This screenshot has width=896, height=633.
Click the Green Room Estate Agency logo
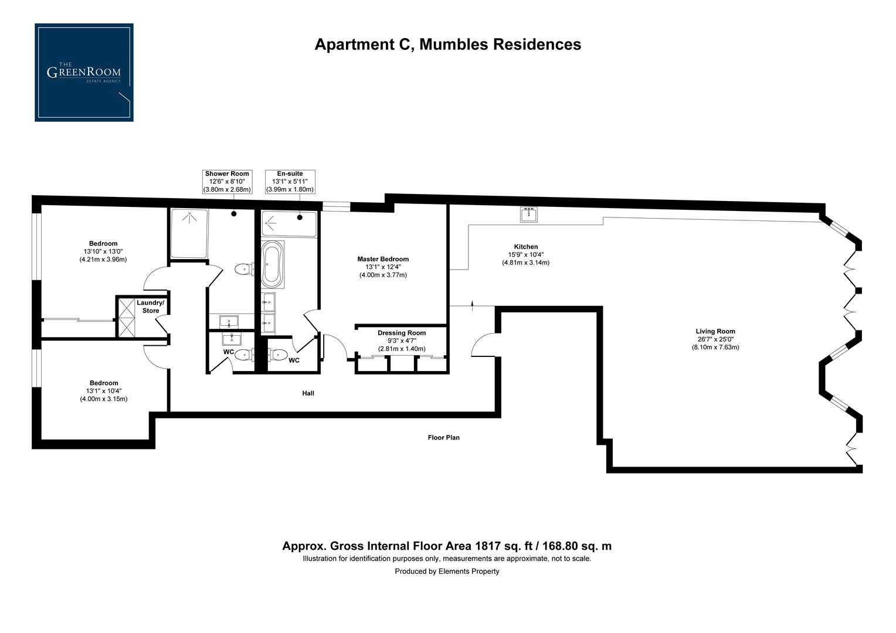(84, 73)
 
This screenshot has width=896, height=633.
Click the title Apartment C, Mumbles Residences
(447, 45)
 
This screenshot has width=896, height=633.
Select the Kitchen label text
(525, 247)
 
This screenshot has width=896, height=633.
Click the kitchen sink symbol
(529, 215)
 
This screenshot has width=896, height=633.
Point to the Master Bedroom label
(383, 259)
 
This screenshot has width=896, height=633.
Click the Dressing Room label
(402, 333)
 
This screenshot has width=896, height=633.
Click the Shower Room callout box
(227, 182)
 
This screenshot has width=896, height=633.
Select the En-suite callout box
(290, 182)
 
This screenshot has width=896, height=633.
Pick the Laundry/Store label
(151, 307)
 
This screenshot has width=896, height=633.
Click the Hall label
(308, 393)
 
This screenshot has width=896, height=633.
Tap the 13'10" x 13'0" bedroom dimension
(103, 251)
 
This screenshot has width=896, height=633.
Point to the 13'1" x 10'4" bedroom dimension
(104, 391)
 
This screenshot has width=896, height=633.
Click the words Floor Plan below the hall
(443, 437)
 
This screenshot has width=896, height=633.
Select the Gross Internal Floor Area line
(447, 546)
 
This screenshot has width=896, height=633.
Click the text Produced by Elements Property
(447, 571)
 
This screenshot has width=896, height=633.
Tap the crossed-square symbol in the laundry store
(126, 318)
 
